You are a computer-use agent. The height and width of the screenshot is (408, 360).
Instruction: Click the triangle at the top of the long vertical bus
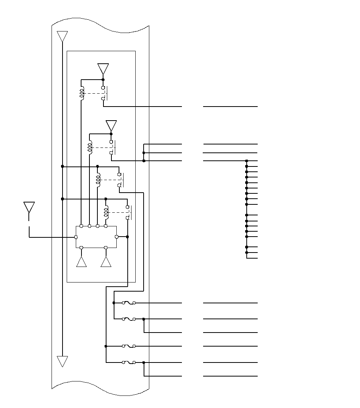coord(62,36)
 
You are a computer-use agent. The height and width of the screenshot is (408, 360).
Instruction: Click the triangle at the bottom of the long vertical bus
coord(62,361)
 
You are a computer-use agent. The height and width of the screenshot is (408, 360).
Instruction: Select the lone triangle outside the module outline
coord(29,207)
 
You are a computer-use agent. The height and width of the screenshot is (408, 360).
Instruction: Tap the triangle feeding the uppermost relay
coord(103,69)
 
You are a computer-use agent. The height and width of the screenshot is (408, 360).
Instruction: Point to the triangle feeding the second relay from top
coord(111,126)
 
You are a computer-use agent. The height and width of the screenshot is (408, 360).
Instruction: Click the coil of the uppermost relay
coord(81,93)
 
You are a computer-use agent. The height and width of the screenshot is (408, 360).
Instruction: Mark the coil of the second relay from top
coord(90,148)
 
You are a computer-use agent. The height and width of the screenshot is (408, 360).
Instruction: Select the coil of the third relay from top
coord(98,180)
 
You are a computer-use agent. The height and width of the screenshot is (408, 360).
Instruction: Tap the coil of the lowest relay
coord(106,212)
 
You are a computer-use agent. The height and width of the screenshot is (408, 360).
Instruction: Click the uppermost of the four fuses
coord(129,303)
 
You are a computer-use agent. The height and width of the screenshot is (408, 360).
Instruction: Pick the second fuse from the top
coord(129,319)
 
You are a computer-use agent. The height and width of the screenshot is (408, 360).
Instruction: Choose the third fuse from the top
coord(129,346)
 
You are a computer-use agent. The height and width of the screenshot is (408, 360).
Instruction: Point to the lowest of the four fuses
coord(129,362)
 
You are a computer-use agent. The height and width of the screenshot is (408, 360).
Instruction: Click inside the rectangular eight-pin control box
coord(96,237)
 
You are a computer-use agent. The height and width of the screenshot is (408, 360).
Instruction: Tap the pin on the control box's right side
coord(116,237)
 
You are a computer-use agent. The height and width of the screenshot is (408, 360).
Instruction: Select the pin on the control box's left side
coord(76,237)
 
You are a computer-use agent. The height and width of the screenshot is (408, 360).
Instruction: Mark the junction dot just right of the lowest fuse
coord(144,362)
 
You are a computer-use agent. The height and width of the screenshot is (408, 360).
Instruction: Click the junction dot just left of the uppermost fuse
coord(114,303)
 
